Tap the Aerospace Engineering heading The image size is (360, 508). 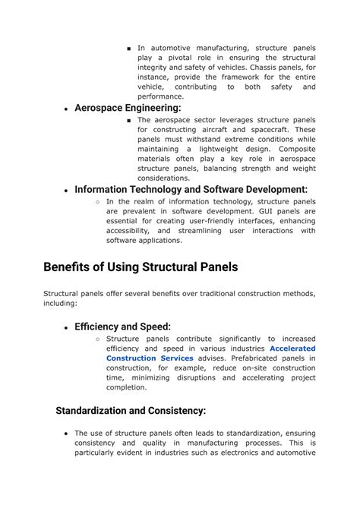coord(128,109)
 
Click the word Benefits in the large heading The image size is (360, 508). coord(72,267)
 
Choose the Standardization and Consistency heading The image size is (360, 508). coord(131,411)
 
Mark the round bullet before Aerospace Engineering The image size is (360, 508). coord(67,109)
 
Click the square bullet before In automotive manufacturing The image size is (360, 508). coord(130,49)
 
